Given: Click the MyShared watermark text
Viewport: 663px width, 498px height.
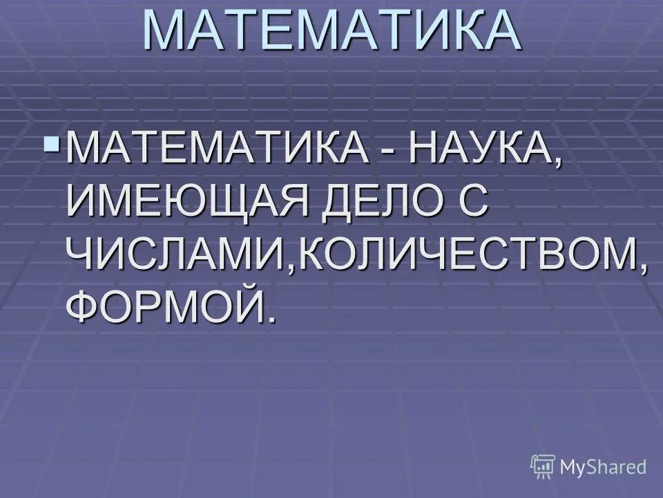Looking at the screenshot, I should (x=603, y=467).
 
